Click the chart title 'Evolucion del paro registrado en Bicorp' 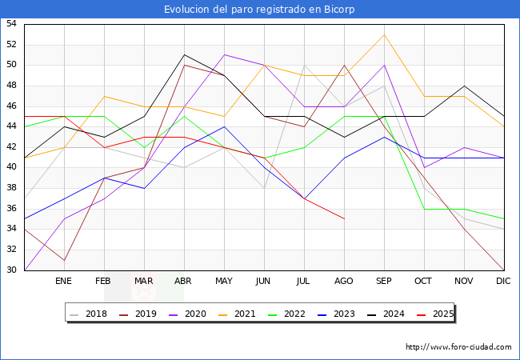pyautogui.click(x=259, y=10)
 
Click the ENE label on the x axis pyautogui.click(x=64, y=282)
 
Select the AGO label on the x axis pyautogui.click(x=344, y=282)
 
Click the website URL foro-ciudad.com pyautogui.click(x=458, y=347)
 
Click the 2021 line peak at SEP pyautogui.click(x=384, y=34)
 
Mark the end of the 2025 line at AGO pyautogui.click(x=344, y=218)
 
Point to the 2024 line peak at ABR pyautogui.click(x=184, y=55)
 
